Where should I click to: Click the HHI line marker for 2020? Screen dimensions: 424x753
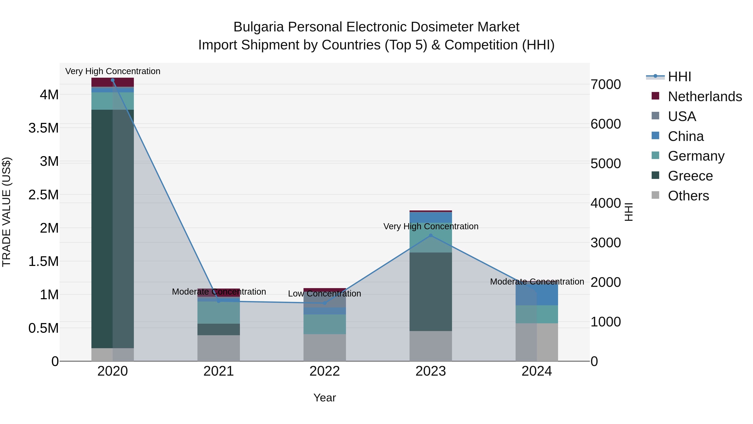click(113, 80)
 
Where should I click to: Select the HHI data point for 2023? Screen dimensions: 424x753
click(431, 236)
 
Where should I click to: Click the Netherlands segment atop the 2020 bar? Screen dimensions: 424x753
click(113, 82)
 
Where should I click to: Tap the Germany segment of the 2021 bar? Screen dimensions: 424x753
click(219, 313)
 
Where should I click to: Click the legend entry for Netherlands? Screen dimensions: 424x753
click(705, 97)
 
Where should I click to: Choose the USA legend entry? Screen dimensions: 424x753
click(682, 116)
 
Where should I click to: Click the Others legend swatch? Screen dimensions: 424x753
click(655, 195)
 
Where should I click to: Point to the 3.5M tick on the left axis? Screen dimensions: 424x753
click(43, 128)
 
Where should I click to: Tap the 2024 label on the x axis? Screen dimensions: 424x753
click(537, 371)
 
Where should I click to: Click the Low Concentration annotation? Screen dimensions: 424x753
click(324, 294)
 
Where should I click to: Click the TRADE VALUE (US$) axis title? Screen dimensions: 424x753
click(6, 212)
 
